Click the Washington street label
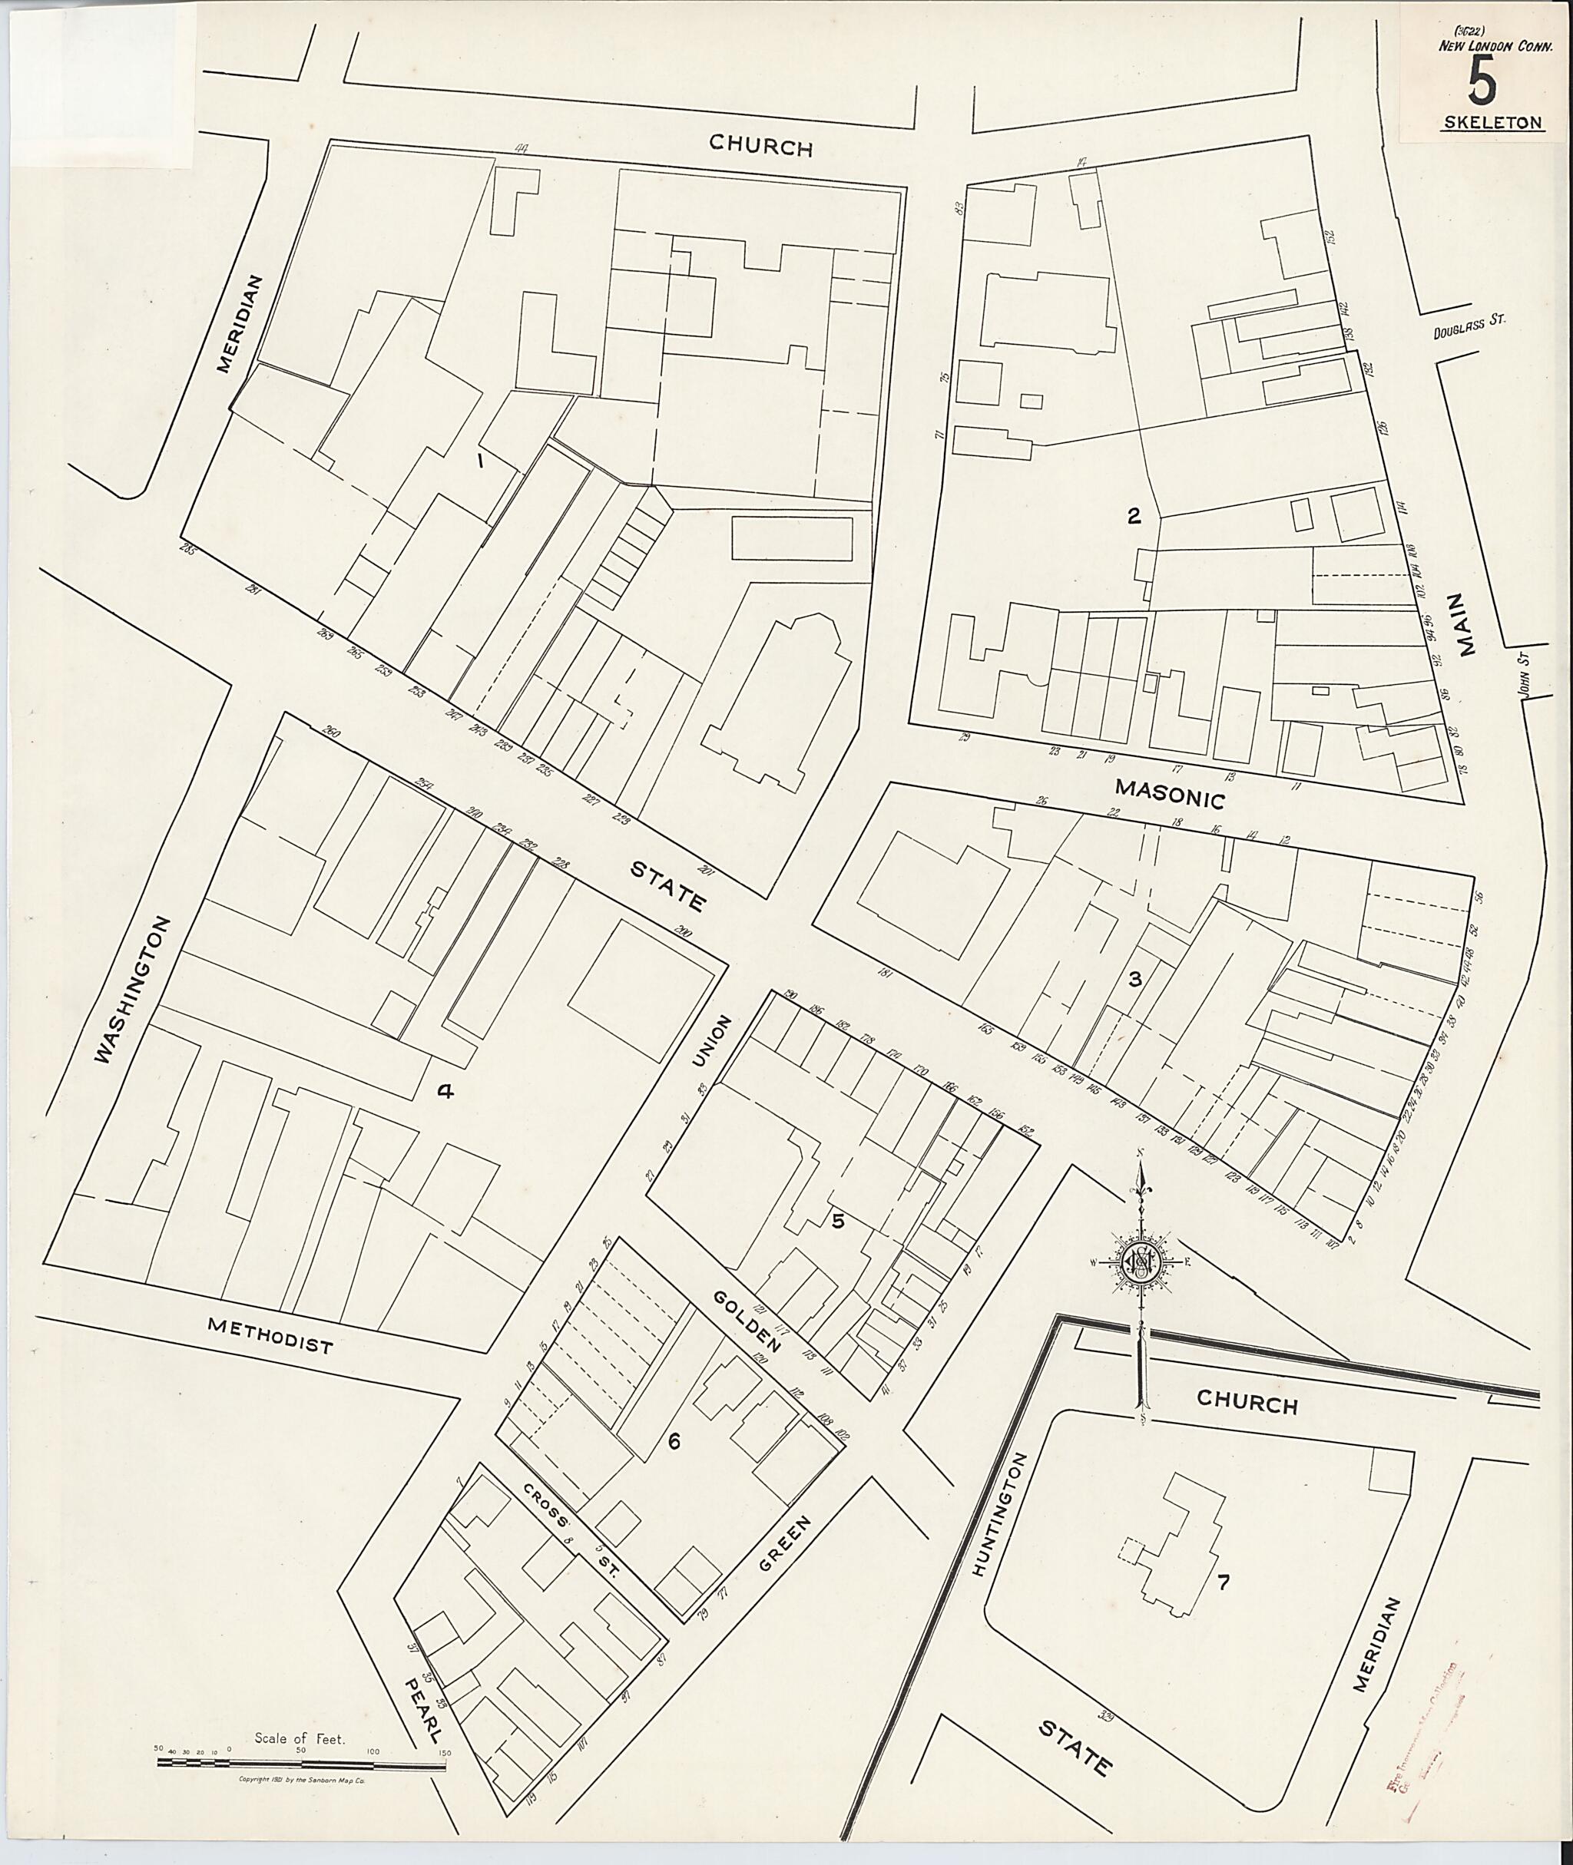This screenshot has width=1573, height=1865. (x=131, y=989)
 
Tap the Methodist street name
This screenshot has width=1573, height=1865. (x=270, y=1334)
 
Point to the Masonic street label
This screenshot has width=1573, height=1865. (x=1170, y=793)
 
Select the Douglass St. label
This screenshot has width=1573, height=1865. (x=1469, y=327)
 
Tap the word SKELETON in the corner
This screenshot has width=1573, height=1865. (x=1492, y=124)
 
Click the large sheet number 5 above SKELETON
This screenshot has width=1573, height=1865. (x=1482, y=85)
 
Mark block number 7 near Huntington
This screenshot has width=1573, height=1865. (x=1224, y=1582)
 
